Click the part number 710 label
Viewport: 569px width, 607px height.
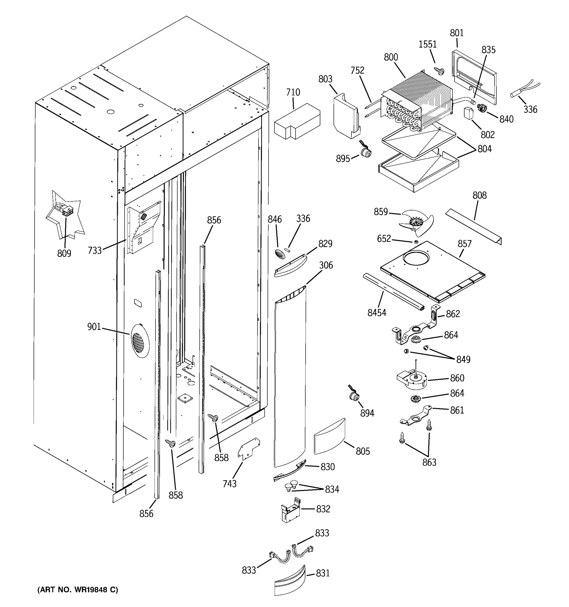pyautogui.click(x=293, y=92)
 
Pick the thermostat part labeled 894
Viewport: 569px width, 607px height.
pyautogui.click(x=354, y=396)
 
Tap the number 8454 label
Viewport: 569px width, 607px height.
pyautogui.click(x=377, y=313)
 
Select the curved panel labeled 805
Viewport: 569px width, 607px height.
pyautogui.click(x=329, y=436)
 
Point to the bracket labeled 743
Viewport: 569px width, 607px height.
pyautogui.click(x=249, y=449)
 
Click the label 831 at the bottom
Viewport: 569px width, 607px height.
pyautogui.click(x=323, y=573)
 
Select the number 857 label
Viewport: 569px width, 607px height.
pyautogui.click(x=465, y=244)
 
